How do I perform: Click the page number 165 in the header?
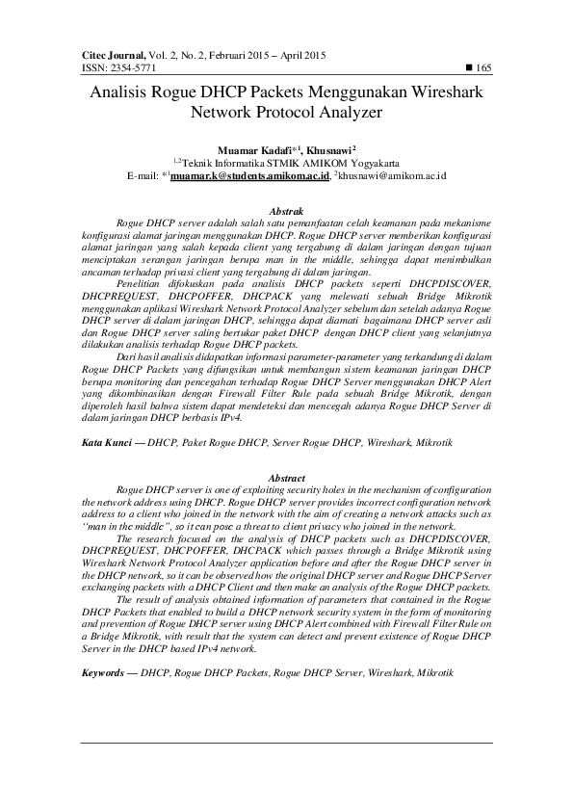483,68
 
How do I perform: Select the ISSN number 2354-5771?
130,68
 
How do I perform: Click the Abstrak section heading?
286,210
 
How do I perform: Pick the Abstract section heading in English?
286,478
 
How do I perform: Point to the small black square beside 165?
469,68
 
